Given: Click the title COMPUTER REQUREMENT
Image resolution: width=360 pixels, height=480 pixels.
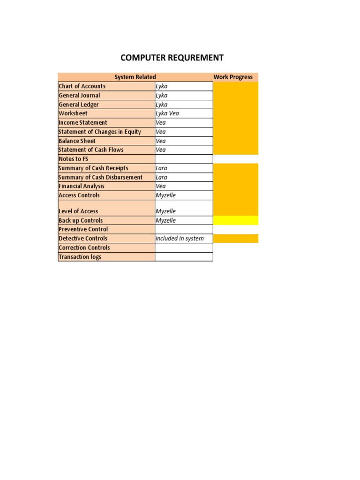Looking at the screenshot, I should [172, 58].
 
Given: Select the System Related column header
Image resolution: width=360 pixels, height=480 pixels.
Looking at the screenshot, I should [135, 77].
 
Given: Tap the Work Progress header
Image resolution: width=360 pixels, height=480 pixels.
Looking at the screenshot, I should [233, 77].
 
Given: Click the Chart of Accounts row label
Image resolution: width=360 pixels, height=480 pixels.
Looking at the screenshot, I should [82, 86].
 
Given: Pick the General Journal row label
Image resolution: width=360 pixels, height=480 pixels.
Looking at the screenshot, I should [79, 95].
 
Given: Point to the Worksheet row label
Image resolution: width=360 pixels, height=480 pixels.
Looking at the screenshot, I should [73, 113].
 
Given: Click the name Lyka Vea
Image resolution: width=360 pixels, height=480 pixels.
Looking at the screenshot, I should [167, 113].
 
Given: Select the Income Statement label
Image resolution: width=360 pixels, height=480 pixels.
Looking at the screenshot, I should [83, 123].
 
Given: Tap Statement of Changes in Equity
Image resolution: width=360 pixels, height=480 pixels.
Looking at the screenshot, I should [100, 132].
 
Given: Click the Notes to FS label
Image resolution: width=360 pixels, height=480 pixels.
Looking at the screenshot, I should [74, 159].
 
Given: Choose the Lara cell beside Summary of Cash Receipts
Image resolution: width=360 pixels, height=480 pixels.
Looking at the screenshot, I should [162, 168].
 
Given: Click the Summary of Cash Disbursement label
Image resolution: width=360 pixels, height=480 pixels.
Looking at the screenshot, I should [101, 177].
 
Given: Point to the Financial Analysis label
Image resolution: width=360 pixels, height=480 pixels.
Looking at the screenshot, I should [82, 186].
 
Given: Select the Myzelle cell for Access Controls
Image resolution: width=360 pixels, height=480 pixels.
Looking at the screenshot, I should [165, 195].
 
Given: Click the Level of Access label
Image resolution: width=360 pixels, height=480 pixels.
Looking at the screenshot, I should [78, 211].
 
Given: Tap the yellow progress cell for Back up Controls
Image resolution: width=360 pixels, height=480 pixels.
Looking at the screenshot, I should [235, 220].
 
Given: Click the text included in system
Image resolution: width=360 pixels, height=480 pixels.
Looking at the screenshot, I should [180, 239].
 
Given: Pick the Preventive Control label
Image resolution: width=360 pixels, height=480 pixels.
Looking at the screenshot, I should [83, 229].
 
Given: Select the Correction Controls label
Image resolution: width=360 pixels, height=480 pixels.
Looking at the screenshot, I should [84, 247].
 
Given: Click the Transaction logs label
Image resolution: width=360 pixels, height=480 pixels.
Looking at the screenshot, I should [80, 257].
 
